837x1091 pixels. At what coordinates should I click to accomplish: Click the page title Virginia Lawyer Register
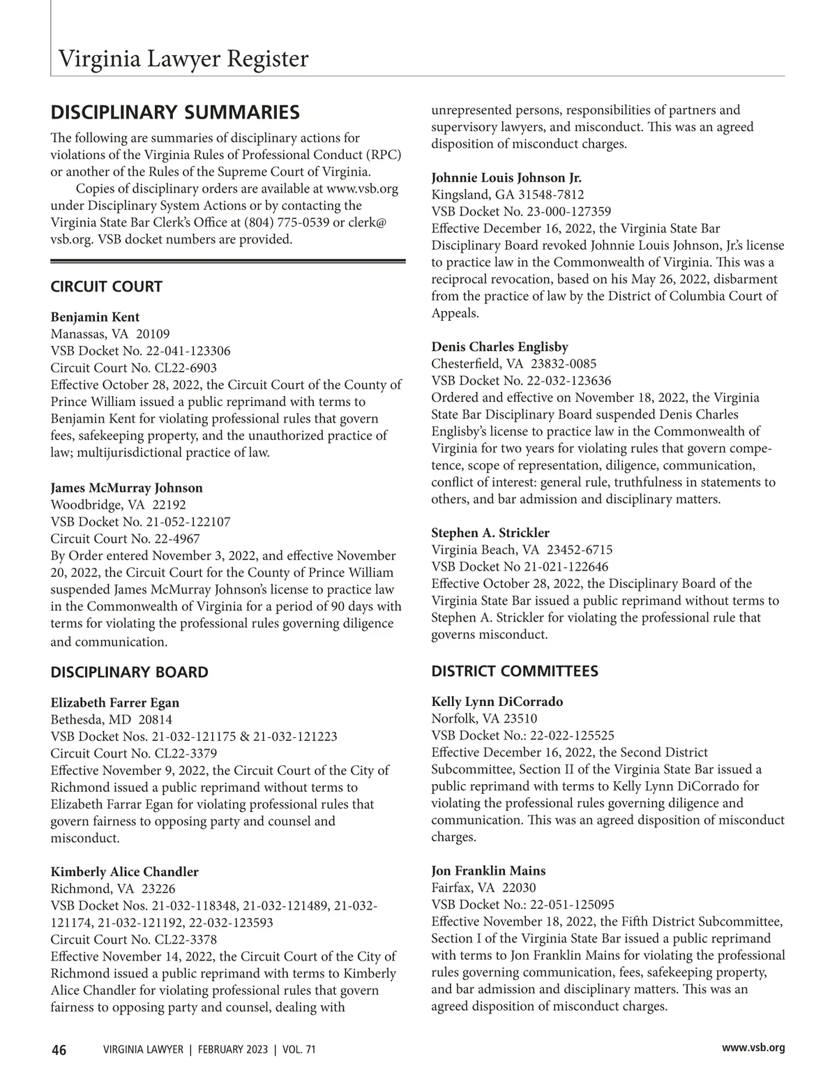(183, 59)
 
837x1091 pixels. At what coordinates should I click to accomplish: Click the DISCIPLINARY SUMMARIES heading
(175, 112)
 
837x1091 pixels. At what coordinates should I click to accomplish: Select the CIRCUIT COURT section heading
(106, 287)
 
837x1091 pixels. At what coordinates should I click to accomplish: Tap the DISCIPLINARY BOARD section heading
(129, 672)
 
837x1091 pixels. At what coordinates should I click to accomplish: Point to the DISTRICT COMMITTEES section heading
(515, 671)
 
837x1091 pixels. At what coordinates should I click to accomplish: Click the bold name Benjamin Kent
(95, 317)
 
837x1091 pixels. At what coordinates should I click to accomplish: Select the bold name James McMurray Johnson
(126, 488)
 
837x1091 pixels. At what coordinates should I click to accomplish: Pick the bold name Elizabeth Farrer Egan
(115, 702)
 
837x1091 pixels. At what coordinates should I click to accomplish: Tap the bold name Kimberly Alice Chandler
(124, 872)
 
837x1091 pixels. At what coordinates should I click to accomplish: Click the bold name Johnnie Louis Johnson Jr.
(506, 177)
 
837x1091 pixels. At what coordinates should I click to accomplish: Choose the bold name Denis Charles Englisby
(499, 347)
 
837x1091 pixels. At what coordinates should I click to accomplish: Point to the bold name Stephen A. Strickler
(490, 533)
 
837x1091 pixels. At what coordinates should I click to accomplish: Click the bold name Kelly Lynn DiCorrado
(497, 702)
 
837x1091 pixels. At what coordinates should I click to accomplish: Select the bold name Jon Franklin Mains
(488, 871)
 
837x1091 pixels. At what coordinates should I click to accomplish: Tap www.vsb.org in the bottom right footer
(753, 1048)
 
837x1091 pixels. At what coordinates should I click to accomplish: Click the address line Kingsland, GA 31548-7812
(508, 195)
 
